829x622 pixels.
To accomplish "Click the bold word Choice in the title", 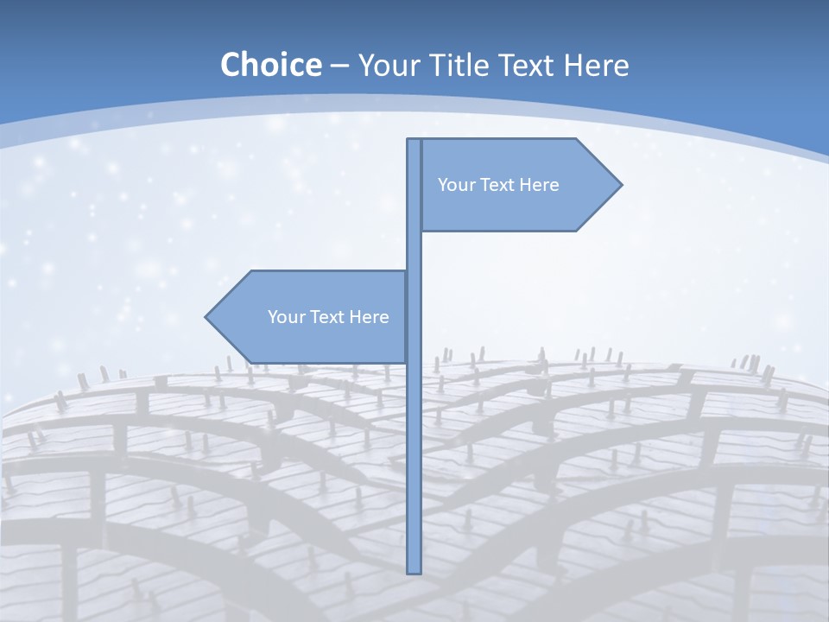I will click(270, 65).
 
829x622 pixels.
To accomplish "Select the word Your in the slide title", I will click(389, 65).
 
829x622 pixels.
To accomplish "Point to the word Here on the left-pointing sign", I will click(369, 317).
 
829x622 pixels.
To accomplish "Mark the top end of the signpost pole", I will click(414, 141).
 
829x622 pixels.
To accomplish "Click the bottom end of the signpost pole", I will click(414, 571).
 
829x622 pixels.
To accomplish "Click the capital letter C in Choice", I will click(231, 65).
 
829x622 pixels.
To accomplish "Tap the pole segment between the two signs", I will click(414, 251).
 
